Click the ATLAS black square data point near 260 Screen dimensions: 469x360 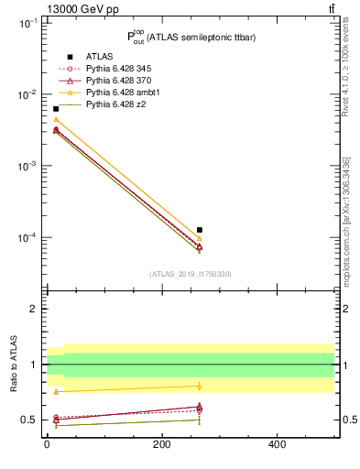[x=200, y=230]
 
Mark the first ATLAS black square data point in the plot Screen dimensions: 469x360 [x=56, y=109]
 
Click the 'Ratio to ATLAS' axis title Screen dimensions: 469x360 [x=14, y=364]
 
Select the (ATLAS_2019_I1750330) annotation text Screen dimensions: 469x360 [x=191, y=274]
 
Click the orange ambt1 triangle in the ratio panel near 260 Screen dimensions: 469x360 [x=200, y=386]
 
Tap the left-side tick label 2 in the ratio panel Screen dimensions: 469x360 [x=35, y=309]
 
